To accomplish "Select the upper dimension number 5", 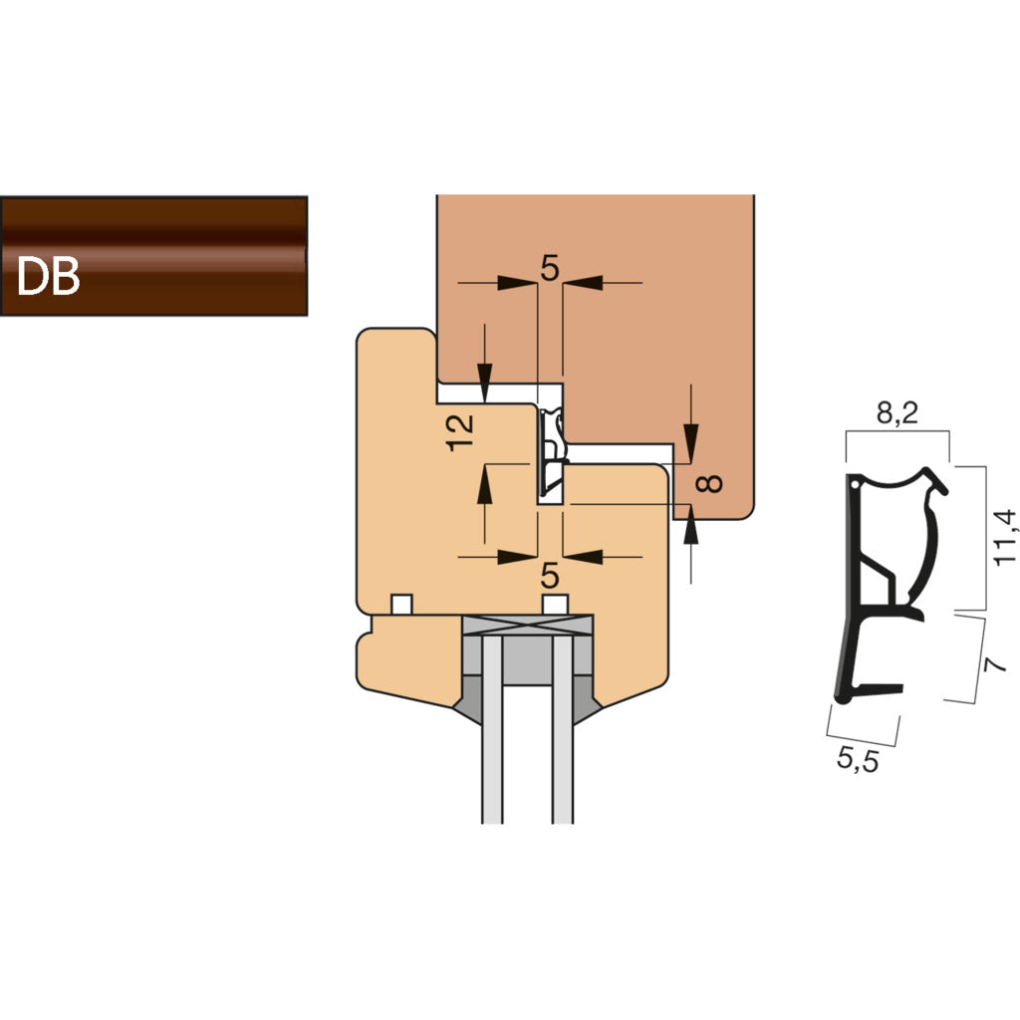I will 550,267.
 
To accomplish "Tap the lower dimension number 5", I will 550,576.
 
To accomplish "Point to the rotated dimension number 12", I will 460,432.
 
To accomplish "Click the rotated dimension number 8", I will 707,484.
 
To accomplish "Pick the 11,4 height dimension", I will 1005,538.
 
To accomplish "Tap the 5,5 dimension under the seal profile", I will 857,761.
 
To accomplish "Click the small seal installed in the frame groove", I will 550,454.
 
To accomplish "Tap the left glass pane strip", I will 491,737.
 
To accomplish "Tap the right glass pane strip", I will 563,737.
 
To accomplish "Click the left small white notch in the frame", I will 401,604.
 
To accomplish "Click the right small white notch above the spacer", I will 555,604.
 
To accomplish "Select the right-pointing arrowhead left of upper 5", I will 518,283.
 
